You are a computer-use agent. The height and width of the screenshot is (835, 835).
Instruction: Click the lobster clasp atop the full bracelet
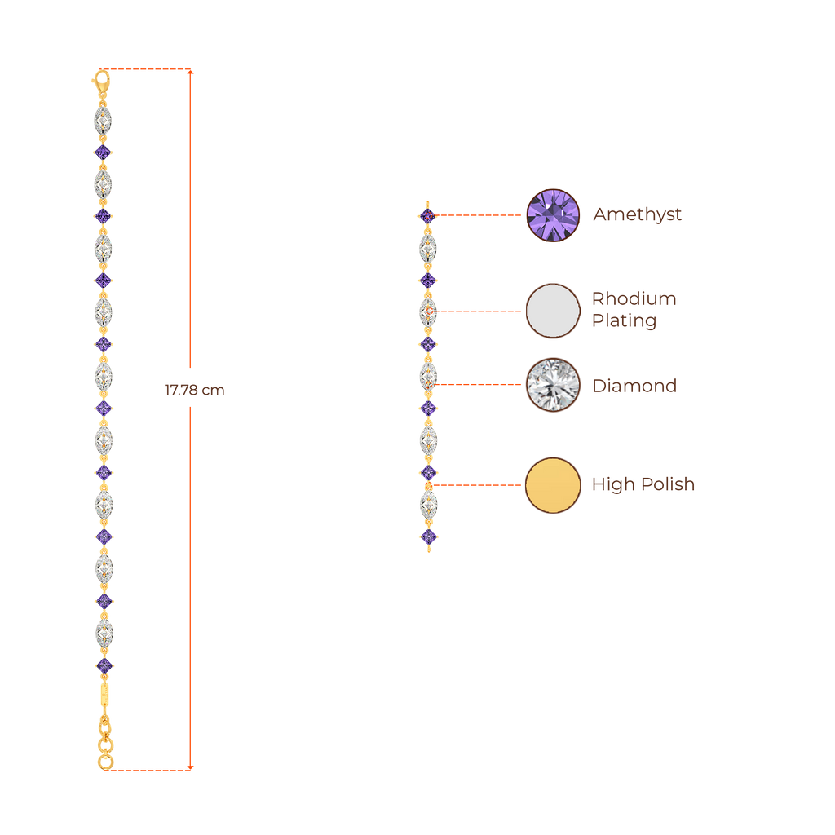pos(102,82)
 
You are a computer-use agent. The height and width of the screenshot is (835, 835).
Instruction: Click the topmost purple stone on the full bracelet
pos(103,152)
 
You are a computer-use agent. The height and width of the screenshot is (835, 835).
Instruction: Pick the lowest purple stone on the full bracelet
pos(104,665)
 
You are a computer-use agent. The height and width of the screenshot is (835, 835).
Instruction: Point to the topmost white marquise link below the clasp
pos(102,120)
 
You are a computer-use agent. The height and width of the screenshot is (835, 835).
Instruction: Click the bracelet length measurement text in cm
pos(194,391)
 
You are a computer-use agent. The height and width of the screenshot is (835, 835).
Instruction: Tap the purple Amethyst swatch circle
pos(553,215)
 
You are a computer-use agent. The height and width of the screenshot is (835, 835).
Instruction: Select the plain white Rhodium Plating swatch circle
pos(553,310)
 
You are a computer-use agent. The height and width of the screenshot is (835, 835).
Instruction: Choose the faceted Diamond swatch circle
pos(553,385)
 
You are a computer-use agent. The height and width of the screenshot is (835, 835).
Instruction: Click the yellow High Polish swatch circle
pos(553,485)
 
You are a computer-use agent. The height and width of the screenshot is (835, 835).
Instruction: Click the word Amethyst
pos(637,215)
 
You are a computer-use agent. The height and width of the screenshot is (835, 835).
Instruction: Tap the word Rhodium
pos(634,298)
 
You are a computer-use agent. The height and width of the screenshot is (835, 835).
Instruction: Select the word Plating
pos(624,320)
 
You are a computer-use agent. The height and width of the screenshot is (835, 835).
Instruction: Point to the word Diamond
pos(634,386)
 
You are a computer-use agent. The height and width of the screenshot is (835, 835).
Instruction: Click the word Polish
pos(667,485)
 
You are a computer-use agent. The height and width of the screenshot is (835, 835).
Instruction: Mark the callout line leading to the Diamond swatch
pos(481,384)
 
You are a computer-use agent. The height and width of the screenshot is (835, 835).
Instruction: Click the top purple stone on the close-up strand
pos(428,215)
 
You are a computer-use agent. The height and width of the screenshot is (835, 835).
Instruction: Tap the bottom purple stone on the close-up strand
pos(429,537)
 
